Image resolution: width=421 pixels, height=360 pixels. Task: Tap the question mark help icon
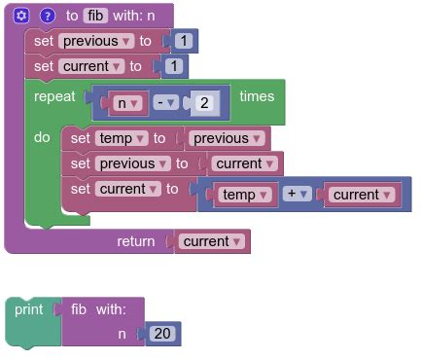click(x=47, y=16)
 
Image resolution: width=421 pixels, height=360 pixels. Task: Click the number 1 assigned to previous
click(x=184, y=41)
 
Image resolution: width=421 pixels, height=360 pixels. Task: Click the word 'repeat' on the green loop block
click(x=54, y=96)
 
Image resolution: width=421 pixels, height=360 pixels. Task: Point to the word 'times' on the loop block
click(x=258, y=96)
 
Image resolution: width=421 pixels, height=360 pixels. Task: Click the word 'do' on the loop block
click(x=42, y=137)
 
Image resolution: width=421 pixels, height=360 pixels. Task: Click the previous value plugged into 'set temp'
click(x=227, y=138)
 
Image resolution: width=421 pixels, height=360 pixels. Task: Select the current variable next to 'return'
click(x=210, y=241)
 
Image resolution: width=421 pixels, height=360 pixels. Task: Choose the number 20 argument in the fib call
click(x=161, y=334)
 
